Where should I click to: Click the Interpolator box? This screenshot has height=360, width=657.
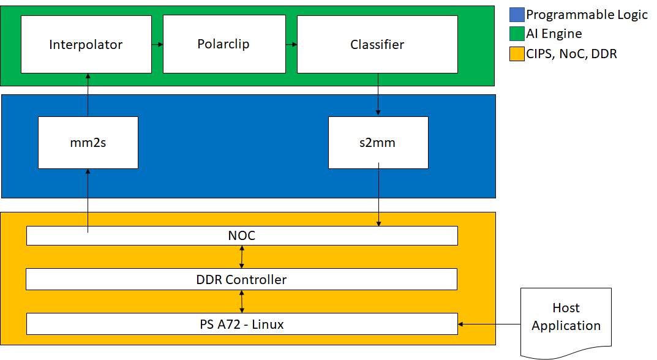tap(86, 44)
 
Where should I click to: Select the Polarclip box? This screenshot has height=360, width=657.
tap(223, 44)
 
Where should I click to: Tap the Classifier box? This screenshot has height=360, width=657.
tap(377, 44)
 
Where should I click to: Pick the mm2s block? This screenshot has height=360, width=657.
tap(88, 143)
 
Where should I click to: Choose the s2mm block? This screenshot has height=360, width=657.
tap(378, 143)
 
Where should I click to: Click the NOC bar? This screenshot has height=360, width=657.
tap(242, 236)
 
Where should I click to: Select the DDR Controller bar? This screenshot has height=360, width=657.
tap(242, 280)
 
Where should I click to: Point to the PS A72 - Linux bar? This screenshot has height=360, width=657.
tap(242, 324)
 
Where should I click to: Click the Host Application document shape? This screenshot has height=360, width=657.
tap(566, 318)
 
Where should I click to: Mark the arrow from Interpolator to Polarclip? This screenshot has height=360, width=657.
tap(157, 44)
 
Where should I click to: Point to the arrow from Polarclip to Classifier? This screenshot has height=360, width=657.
tap(291, 44)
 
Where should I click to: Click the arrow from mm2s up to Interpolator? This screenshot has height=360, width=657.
tap(88, 95)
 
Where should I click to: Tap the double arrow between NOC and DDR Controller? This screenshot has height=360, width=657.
tap(242, 257)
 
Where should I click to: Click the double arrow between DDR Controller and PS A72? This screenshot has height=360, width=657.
tap(242, 301)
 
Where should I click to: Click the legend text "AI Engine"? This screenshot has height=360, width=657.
tap(554, 34)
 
